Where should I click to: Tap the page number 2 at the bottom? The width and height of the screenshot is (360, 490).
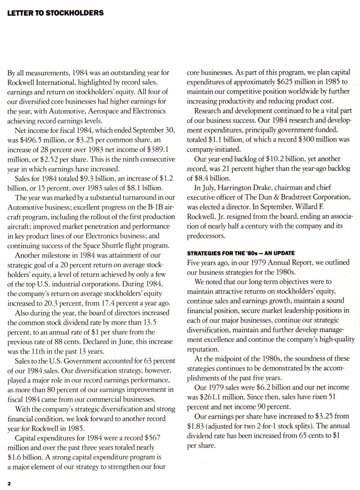click(8, 482)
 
